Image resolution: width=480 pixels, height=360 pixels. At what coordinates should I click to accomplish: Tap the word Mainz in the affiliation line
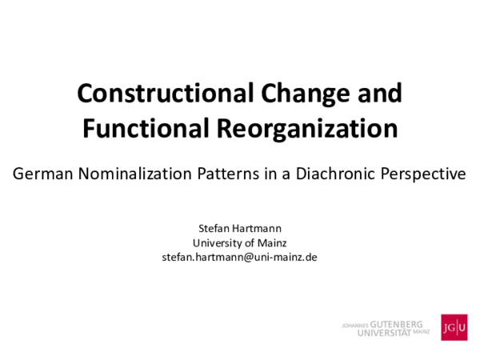(x=273, y=242)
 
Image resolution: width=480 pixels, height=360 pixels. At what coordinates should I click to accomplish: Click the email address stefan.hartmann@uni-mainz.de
(x=239, y=257)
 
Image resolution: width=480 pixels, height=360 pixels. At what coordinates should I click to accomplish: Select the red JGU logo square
(x=454, y=327)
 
